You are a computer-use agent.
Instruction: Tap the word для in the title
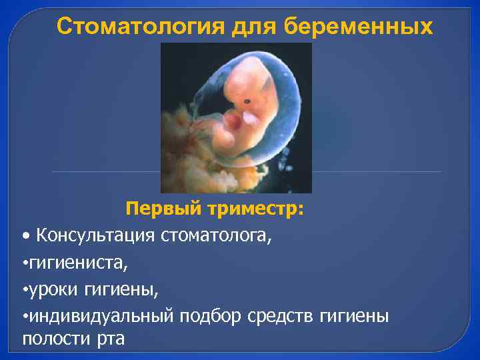tap(252, 27)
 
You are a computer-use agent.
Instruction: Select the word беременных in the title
tap(359, 27)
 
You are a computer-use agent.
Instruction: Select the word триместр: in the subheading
tap(255, 209)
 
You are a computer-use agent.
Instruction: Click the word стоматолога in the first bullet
tap(216, 235)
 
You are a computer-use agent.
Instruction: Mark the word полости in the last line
tap(53, 338)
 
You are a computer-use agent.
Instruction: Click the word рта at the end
tap(109, 338)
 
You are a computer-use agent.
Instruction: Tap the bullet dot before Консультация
tap(25, 237)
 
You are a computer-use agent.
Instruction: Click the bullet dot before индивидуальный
tap(25, 316)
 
